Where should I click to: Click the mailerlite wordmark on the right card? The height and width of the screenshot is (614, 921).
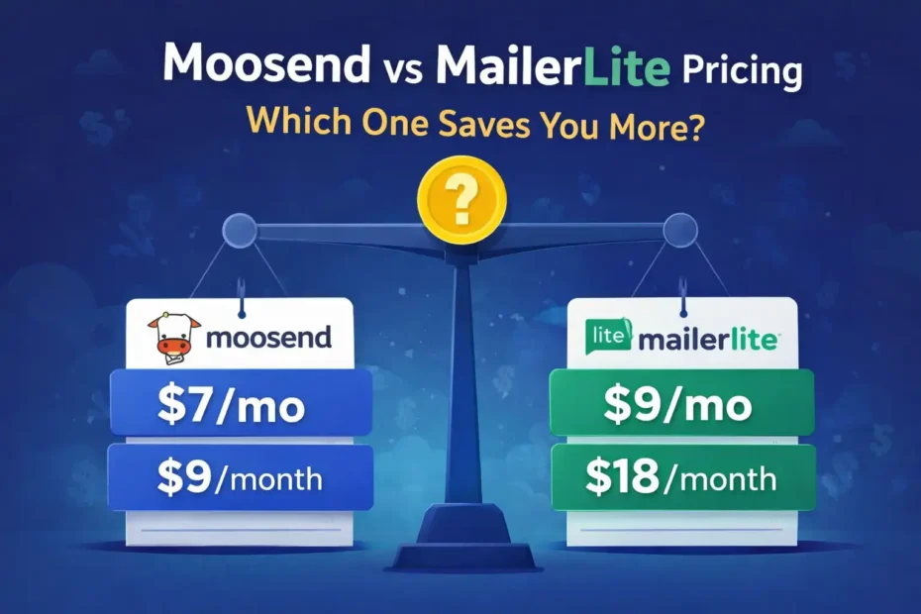point(699,339)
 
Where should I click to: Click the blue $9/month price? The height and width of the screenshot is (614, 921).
point(241,479)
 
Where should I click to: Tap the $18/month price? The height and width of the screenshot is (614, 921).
point(681,478)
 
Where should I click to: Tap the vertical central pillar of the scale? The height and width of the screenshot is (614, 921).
point(460,376)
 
